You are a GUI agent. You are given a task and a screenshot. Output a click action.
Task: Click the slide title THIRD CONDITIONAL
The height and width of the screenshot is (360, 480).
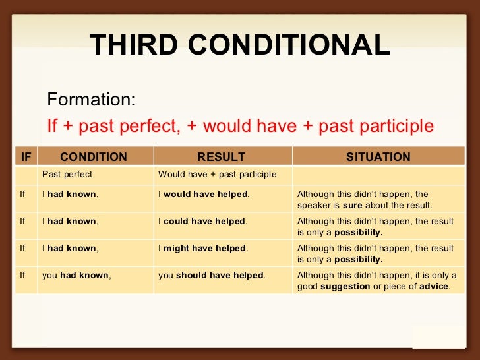(x=240, y=45)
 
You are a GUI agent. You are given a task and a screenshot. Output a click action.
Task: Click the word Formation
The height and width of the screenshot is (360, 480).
(x=91, y=100)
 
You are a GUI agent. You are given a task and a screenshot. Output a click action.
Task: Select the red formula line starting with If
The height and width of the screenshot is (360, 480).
(x=240, y=125)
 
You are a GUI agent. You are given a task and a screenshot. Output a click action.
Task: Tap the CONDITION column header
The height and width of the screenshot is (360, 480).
(x=94, y=157)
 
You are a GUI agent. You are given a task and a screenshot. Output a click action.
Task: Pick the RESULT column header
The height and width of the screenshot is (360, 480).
(x=222, y=157)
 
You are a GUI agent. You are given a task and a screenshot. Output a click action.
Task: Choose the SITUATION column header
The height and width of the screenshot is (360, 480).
(x=378, y=157)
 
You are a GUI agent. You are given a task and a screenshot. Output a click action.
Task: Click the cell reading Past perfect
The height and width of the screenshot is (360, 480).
(x=67, y=175)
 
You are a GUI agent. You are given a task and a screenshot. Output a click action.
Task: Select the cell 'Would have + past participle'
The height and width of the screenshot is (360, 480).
(x=218, y=175)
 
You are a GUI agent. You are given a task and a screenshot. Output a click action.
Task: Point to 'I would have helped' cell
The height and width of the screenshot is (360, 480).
(x=204, y=195)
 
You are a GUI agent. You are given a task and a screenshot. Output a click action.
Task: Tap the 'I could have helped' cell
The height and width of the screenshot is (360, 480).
(x=203, y=222)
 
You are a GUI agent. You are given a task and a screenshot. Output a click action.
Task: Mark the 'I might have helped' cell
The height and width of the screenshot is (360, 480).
(x=203, y=249)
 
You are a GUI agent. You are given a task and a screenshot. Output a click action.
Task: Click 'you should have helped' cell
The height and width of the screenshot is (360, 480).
(x=212, y=276)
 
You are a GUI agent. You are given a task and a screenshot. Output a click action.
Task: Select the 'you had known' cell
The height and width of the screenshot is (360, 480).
(x=76, y=276)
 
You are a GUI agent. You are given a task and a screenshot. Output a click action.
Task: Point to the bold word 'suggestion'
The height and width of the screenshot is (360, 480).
(x=345, y=287)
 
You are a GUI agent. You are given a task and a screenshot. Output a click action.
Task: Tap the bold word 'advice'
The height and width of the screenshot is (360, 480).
(x=434, y=287)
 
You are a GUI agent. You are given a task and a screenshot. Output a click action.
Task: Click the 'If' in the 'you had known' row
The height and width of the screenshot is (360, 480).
(x=23, y=276)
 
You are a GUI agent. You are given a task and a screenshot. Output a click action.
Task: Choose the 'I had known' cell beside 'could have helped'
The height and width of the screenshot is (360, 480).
(x=71, y=222)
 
